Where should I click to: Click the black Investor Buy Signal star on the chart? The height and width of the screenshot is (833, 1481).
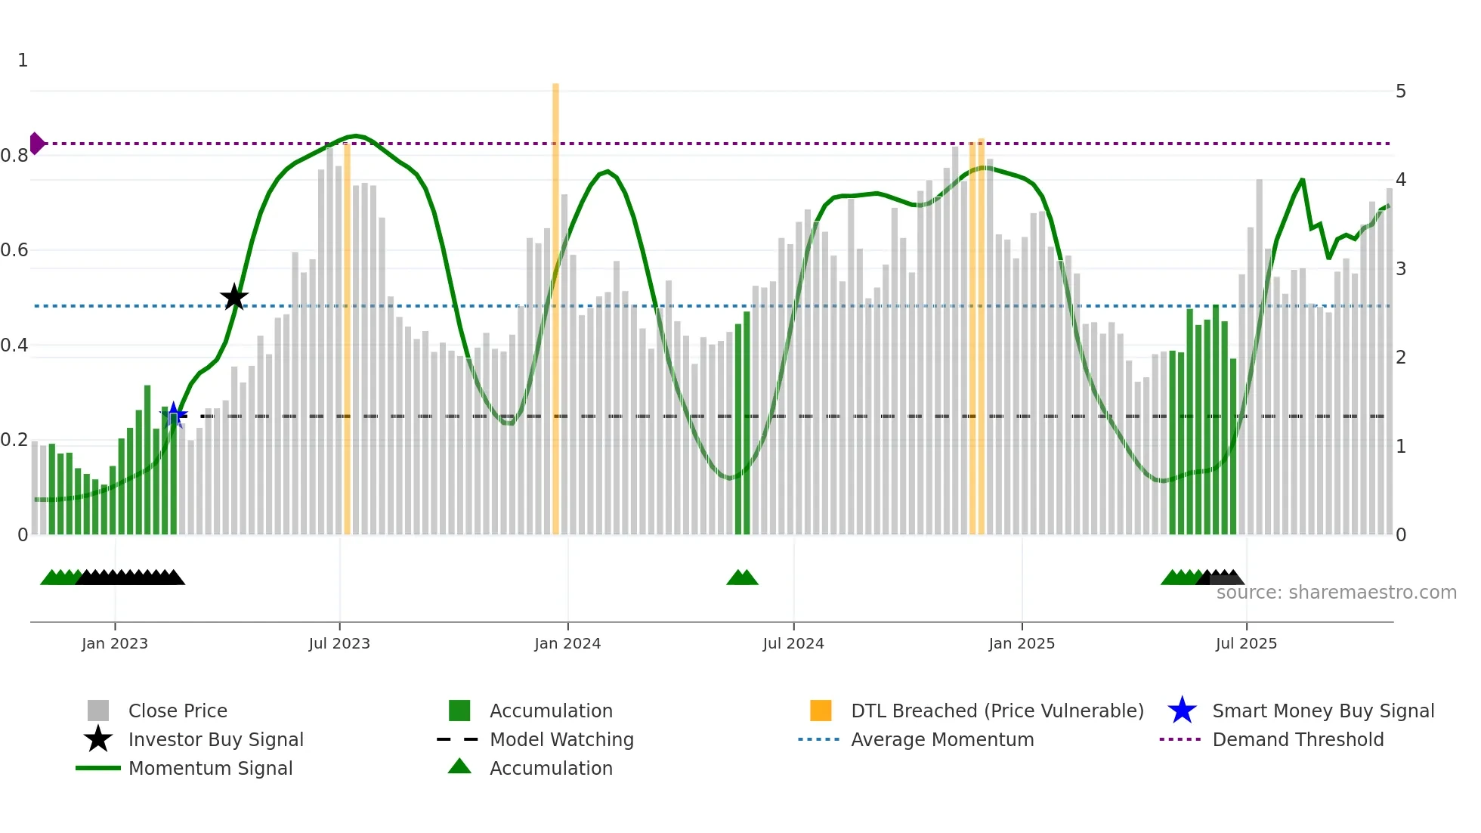click(x=234, y=297)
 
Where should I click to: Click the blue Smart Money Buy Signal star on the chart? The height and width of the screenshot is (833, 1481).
click(x=174, y=414)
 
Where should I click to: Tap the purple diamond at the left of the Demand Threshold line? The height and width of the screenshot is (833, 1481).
click(x=36, y=143)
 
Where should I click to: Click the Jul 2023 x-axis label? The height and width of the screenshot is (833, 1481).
click(x=339, y=643)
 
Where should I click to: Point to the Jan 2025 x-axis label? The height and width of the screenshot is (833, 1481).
click(x=1022, y=643)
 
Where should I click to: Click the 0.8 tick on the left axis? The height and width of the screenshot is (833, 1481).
click(x=14, y=156)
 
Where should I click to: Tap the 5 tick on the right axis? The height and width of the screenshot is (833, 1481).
click(x=1401, y=91)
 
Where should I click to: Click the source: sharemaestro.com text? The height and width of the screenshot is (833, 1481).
click(x=1336, y=592)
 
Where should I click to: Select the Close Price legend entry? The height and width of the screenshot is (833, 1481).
click(x=178, y=711)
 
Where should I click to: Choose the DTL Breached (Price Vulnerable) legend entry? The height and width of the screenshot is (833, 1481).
click(x=997, y=711)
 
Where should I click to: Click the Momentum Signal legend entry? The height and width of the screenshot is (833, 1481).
click(x=210, y=768)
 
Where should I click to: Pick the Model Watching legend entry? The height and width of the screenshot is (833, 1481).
click(x=561, y=739)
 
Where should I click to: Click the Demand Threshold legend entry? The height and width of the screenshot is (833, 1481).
click(x=1297, y=739)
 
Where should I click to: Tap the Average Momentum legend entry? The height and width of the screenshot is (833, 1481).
click(x=941, y=739)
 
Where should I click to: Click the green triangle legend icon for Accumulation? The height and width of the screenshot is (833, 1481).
click(x=459, y=766)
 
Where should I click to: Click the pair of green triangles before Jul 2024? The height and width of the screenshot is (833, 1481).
click(x=742, y=578)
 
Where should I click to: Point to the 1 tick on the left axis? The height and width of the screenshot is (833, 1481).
click(x=23, y=60)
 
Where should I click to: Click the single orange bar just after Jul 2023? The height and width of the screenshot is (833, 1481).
click(x=347, y=340)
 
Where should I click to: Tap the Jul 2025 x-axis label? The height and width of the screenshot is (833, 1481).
click(x=1246, y=643)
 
